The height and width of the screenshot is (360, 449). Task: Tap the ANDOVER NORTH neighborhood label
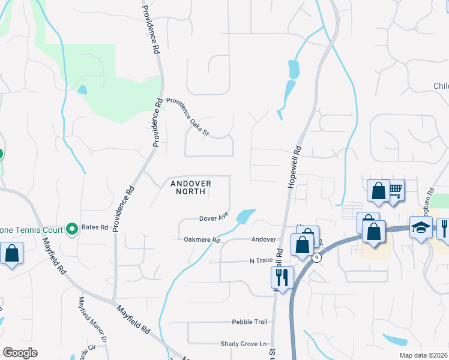pos(191,187)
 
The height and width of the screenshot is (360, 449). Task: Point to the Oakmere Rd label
pos(202,240)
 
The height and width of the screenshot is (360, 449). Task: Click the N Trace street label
pos(261,261)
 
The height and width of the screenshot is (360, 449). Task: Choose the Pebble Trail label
pos(250,322)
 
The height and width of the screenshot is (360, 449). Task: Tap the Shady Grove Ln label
pos(243,344)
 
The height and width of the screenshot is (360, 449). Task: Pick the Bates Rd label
pos(96,228)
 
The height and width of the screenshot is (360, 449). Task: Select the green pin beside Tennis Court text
pos(71,229)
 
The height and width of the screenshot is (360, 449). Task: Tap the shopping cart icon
pos(395,190)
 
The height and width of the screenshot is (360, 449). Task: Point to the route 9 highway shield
pos(316,257)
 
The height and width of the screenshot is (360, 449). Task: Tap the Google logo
pos(20,353)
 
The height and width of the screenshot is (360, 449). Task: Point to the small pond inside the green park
pos(82,90)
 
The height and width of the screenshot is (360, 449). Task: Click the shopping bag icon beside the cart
pos(379,191)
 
